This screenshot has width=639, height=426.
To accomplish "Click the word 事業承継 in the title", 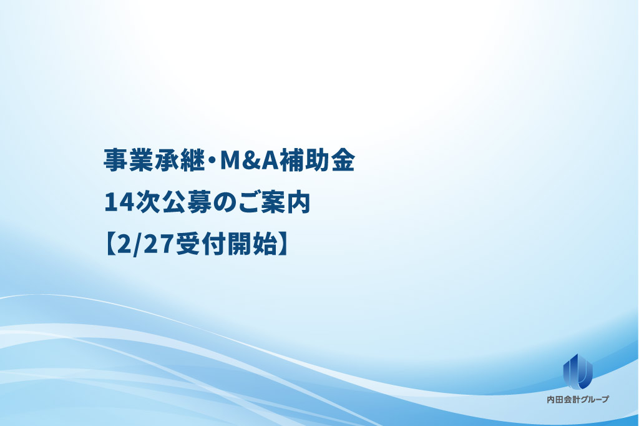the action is (154, 159).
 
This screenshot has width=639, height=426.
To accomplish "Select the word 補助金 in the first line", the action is (317, 159).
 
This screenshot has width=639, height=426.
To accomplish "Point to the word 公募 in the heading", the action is (187, 202).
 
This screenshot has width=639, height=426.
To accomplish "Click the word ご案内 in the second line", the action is (274, 202).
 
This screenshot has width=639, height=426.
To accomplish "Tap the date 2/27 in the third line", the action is (146, 245).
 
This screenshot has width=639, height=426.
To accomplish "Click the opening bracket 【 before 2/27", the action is (110, 244).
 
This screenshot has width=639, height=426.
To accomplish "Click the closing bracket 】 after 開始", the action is (284, 244).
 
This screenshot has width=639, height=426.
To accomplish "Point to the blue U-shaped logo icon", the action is (577, 371).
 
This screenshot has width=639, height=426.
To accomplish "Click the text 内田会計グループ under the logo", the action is (577, 400).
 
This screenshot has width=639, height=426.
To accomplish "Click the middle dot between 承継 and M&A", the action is (213, 161).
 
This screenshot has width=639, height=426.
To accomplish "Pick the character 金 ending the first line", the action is (343, 159).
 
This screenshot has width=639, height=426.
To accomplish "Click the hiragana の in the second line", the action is (225, 202).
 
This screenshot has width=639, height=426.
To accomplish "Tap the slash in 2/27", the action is (139, 245).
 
